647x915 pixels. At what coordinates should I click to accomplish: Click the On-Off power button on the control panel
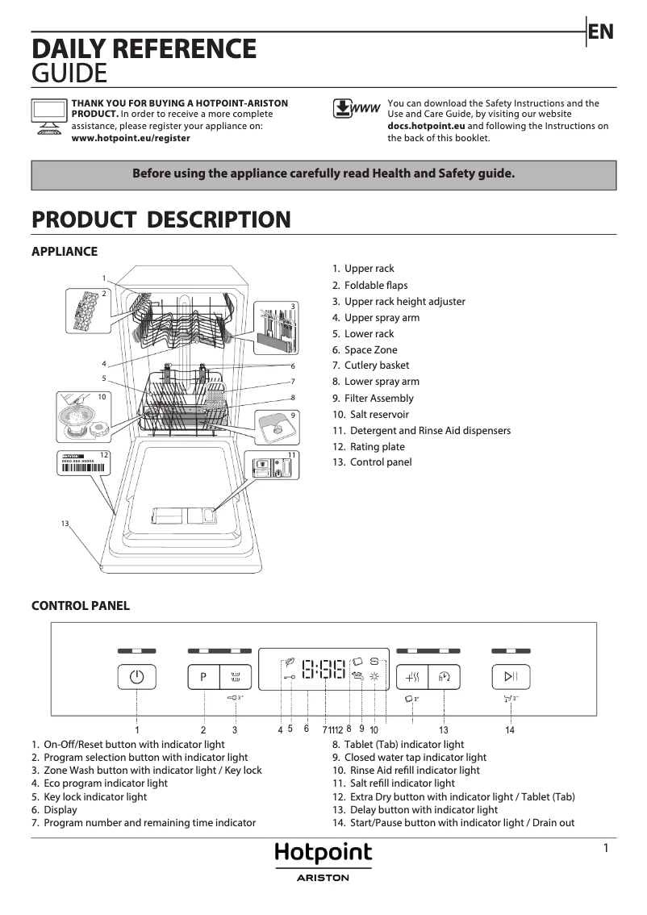137,677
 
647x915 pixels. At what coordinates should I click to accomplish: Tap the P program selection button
203,677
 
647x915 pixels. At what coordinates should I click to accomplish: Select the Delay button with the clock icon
444,677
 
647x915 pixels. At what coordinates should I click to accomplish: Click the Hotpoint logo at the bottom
323,853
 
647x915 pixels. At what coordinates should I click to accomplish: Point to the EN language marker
601,31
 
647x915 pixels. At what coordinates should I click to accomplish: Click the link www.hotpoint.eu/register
131,138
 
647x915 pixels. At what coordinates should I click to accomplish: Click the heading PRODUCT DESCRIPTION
161,219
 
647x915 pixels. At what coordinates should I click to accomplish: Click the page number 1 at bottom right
605,847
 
